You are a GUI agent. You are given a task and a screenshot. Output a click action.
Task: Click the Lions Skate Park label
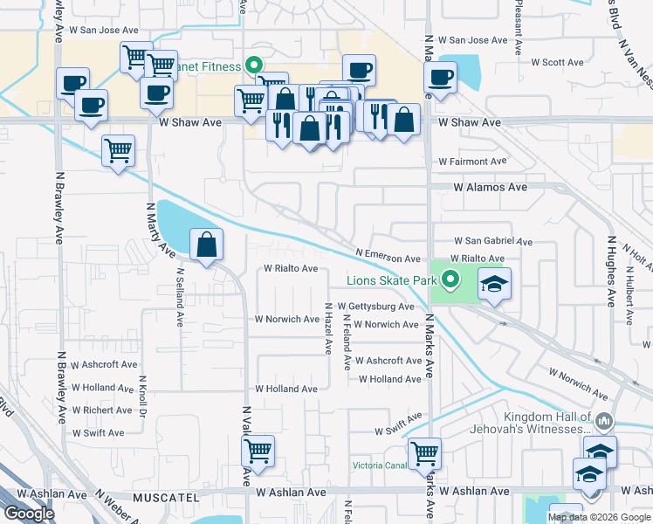[391, 280]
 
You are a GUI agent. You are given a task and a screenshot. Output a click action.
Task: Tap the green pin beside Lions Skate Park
[450, 280]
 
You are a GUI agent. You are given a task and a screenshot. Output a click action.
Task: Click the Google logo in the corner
[29, 514]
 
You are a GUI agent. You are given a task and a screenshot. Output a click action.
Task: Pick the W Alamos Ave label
[490, 187]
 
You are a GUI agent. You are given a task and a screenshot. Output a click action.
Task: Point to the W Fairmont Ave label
[472, 162]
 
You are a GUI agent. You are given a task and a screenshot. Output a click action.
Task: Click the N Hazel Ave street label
[328, 328]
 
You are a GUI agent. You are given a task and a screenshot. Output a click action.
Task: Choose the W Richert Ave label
[102, 410]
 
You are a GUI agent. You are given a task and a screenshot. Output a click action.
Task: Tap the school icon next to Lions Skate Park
[494, 285]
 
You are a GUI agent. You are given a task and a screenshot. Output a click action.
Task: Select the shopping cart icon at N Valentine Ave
[258, 452]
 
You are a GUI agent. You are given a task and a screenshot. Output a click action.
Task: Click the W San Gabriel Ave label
[492, 241]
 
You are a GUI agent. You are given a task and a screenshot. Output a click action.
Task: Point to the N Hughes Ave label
[610, 271]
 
